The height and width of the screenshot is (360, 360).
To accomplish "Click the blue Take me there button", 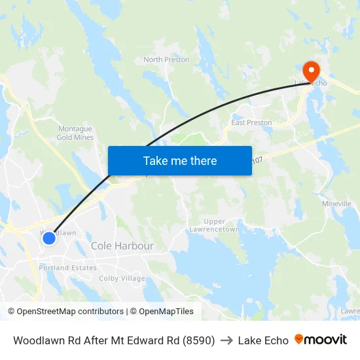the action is point(180,160).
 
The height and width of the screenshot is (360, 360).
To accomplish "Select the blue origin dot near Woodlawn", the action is point(49,238).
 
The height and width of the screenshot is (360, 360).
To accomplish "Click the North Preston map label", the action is point(166,60).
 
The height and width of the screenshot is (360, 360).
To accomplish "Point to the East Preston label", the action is point(251,122).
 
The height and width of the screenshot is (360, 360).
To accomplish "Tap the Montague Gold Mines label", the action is point(75,133).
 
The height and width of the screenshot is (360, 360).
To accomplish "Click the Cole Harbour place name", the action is point(122,246).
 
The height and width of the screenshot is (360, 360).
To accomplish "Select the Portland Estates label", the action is point(67,268).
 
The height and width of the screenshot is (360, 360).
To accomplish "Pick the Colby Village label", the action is point(122,278).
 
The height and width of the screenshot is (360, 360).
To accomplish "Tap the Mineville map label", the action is point(336,204).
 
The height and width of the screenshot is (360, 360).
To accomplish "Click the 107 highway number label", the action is point(257,160).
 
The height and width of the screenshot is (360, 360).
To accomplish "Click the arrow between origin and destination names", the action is point(226,340).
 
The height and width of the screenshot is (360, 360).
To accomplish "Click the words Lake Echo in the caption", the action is point(263,340).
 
